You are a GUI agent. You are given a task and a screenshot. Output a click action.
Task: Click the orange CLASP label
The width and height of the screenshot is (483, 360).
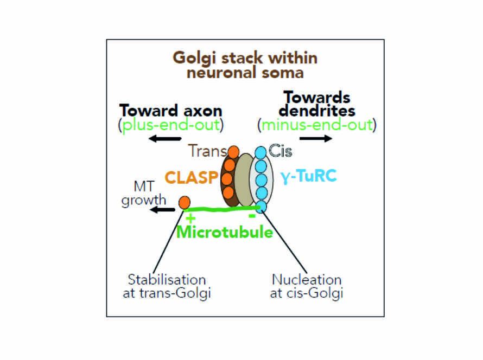(x=191, y=178)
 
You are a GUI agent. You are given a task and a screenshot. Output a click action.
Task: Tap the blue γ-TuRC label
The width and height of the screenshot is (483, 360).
(x=308, y=177)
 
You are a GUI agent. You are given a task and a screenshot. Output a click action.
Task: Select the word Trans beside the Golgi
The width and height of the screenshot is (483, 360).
(x=208, y=151)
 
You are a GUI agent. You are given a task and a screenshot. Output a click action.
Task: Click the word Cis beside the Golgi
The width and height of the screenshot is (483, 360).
(x=281, y=151)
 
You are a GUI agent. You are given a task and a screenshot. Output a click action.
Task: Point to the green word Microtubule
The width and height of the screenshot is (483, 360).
(x=225, y=232)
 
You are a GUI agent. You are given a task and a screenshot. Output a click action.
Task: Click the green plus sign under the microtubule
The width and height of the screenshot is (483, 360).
(x=190, y=218)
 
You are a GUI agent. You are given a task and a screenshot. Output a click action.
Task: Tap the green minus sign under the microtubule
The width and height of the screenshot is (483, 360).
(x=252, y=216)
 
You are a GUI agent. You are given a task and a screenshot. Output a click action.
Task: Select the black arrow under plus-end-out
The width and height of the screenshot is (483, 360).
(x=165, y=138)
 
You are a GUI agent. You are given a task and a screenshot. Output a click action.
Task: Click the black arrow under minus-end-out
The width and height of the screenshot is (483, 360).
(x=316, y=138)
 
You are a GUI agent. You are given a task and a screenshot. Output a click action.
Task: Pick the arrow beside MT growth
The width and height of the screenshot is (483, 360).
(x=162, y=210)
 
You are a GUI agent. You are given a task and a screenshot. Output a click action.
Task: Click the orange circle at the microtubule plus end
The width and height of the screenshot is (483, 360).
(x=185, y=203)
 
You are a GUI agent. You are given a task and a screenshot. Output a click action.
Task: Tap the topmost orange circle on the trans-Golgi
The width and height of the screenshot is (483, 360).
(x=233, y=152)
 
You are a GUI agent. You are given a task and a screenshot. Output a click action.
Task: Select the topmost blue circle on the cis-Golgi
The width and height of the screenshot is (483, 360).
(x=260, y=152)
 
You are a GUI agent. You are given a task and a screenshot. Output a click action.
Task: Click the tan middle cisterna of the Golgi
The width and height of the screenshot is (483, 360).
(x=245, y=179)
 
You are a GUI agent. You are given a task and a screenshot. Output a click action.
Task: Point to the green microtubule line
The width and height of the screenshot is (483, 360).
(x=223, y=209)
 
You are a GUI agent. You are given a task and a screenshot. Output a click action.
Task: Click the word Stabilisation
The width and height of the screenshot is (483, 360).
(x=167, y=280)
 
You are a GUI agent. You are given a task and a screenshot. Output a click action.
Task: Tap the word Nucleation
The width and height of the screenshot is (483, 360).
(x=307, y=280)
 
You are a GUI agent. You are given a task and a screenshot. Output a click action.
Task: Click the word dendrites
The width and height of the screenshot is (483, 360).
(x=317, y=111)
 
